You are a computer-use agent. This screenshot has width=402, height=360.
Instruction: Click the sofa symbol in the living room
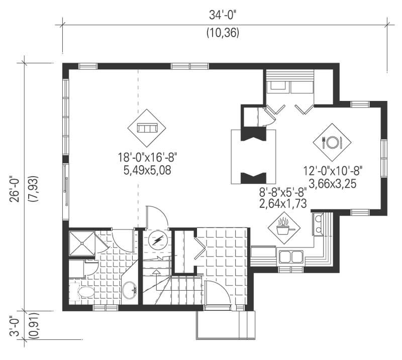point(147,128)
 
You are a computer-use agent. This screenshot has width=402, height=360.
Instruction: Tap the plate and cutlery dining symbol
point(332,142)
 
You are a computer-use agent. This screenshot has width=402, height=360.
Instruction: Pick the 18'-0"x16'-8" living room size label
point(147,159)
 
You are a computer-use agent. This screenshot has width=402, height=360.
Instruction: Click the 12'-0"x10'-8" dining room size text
point(333,172)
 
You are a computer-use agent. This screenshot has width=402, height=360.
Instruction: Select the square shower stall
point(81,244)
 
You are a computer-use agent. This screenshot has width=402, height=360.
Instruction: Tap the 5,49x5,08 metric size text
point(147,170)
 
